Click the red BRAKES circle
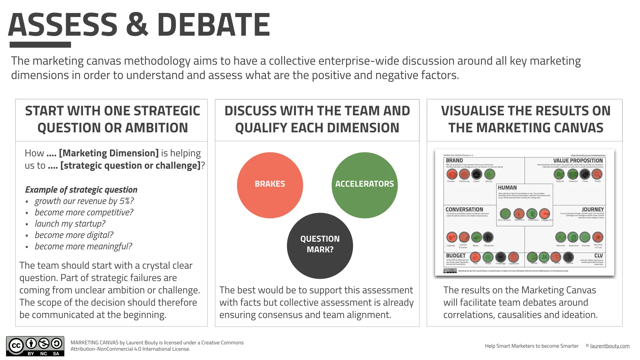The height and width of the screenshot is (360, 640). pyautogui.click(x=270, y=185)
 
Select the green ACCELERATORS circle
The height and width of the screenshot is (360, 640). pyautogui.click(x=364, y=185)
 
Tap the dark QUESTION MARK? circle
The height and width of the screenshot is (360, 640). pyautogui.click(x=320, y=245)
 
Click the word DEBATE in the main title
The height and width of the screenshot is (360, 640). pyautogui.click(x=213, y=25)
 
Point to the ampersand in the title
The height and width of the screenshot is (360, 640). pyautogui.click(x=137, y=25)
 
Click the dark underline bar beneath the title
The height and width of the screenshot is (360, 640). pyautogui.click(x=40, y=45)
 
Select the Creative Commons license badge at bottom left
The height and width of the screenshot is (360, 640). pyautogui.click(x=35, y=346)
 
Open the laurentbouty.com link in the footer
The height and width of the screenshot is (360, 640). pyautogui.click(x=610, y=346)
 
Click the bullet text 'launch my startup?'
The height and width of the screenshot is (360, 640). pyautogui.click(x=70, y=224)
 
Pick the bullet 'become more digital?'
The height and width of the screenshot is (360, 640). pyautogui.click(x=74, y=235)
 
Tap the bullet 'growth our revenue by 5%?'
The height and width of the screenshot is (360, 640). pyautogui.click(x=84, y=201)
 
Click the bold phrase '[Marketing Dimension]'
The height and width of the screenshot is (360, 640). pyautogui.click(x=109, y=153)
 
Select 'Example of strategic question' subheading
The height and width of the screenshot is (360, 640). pyautogui.click(x=81, y=190)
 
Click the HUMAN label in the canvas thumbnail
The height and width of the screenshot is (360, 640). pyautogui.click(x=507, y=188)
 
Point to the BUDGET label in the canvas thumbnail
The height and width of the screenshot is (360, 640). pyautogui.click(x=456, y=256)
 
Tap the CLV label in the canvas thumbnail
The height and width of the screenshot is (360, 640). pyautogui.click(x=598, y=256)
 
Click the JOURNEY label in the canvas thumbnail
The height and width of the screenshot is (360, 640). pyautogui.click(x=593, y=209)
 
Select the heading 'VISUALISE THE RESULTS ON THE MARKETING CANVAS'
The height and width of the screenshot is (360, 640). pyautogui.click(x=526, y=119)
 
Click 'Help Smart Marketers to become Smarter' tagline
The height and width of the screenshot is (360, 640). pyautogui.click(x=532, y=346)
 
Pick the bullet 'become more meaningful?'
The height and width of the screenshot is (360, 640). pyautogui.click(x=83, y=246)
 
